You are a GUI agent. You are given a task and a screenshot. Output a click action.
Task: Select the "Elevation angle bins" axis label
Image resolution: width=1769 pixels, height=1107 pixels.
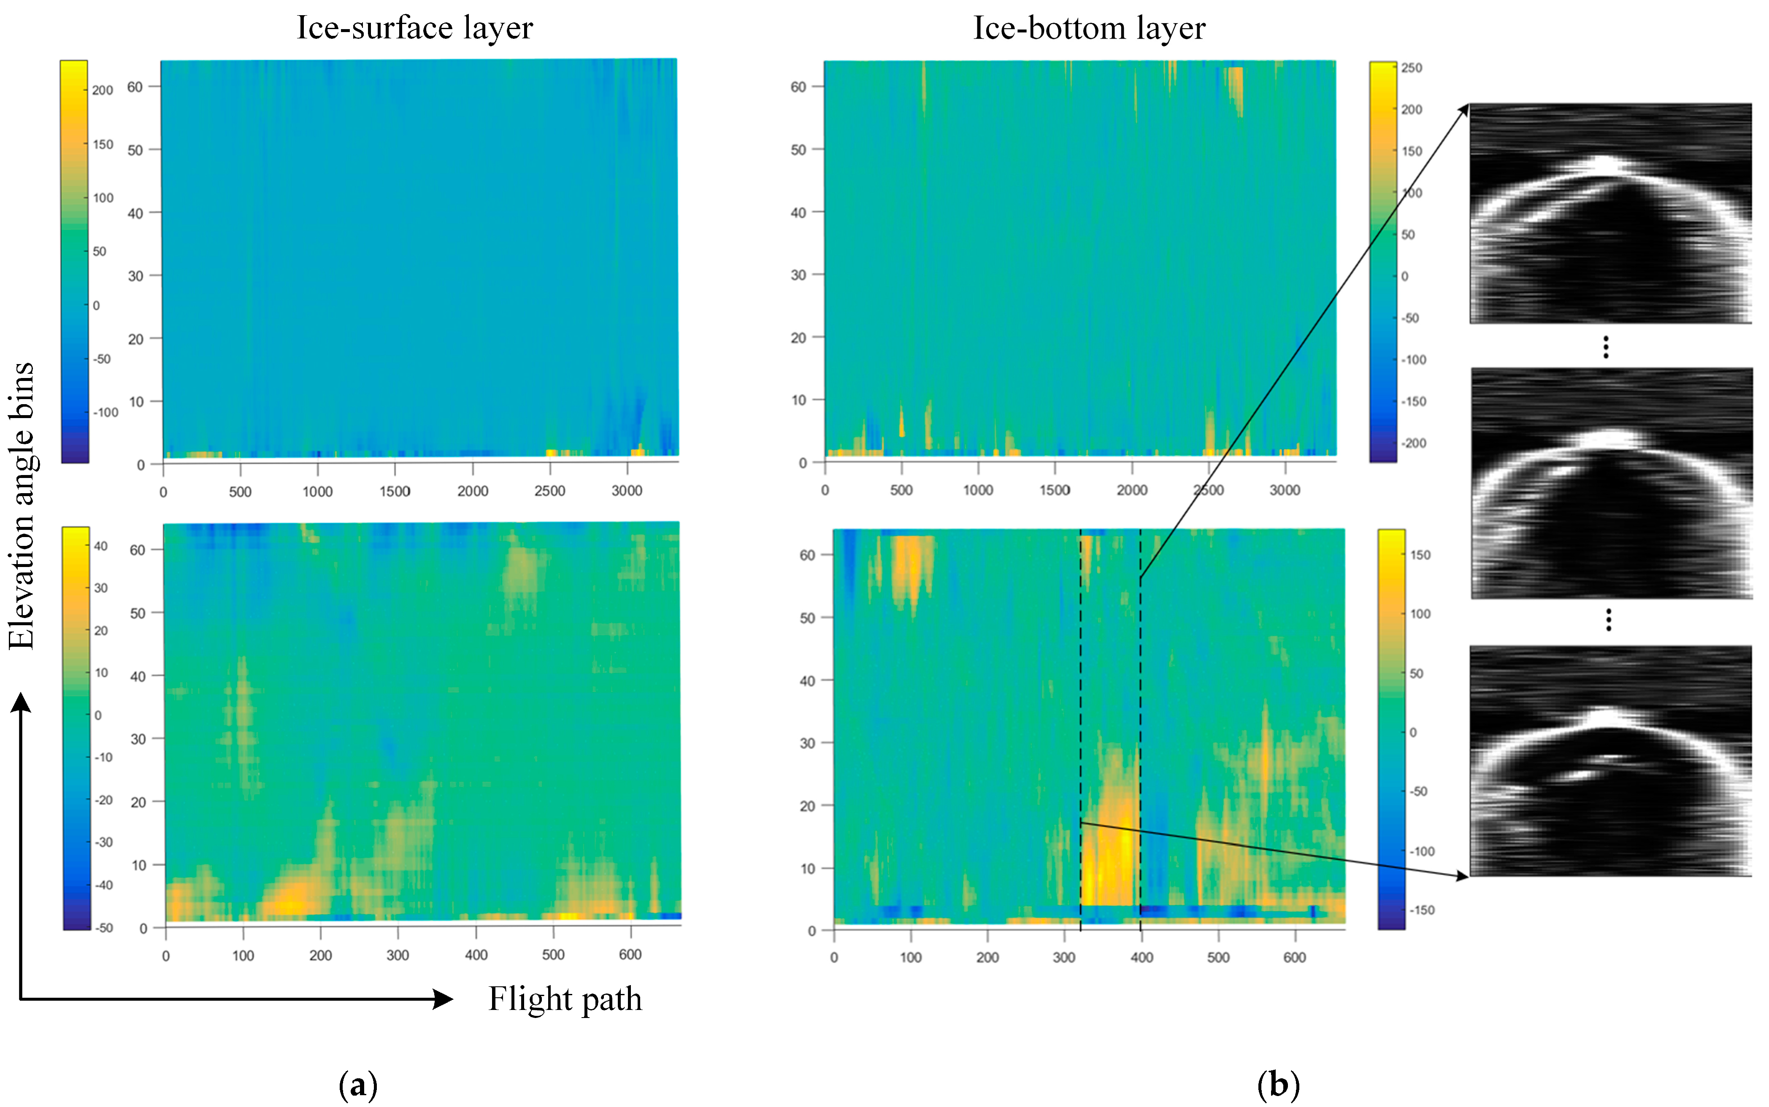point(22,505)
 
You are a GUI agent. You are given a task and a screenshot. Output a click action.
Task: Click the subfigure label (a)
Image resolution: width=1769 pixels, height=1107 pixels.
point(358,1084)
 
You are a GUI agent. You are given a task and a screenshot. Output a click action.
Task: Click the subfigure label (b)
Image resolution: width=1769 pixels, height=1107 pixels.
point(1278,1084)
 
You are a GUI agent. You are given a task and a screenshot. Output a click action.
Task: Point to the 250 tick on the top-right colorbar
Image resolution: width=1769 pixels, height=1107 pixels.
point(1411,68)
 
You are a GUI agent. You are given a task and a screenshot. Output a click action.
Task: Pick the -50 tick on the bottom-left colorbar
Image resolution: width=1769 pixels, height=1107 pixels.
point(104,928)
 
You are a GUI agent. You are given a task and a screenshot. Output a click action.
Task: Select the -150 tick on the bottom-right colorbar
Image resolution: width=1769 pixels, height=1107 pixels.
point(1422,910)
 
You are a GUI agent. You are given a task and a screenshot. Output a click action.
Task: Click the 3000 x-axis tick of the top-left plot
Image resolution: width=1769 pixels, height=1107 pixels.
point(627,491)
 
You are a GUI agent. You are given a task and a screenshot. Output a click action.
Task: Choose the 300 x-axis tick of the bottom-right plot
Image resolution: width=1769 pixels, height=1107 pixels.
point(1064,957)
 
